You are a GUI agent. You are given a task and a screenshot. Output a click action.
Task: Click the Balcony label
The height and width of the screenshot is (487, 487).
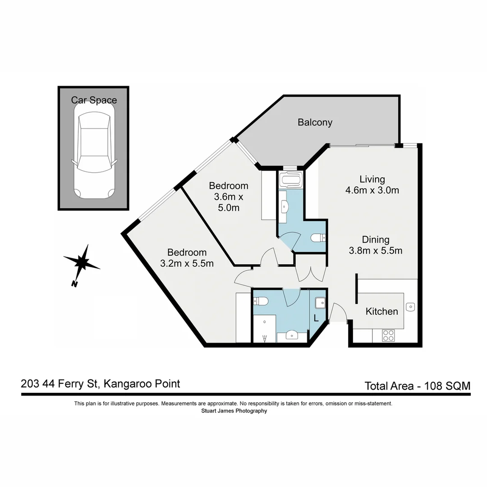[x=315, y=122]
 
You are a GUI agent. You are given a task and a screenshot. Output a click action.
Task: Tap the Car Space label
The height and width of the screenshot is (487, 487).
[x=94, y=100]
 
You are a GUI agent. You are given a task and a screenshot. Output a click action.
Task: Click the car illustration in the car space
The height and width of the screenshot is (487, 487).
[x=94, y=155]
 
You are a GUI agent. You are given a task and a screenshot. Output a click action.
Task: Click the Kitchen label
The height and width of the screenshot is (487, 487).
[x=381, y=311]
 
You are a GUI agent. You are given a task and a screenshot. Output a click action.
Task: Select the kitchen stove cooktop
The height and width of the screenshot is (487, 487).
[x=388, y=335]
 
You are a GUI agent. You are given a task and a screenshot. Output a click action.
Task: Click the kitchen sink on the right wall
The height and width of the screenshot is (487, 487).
[x=410, y=307]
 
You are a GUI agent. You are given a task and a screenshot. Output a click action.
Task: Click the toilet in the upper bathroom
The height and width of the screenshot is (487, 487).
[x=318, y=237]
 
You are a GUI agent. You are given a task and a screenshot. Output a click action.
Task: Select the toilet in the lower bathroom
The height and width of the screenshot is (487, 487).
[x=262, y=301]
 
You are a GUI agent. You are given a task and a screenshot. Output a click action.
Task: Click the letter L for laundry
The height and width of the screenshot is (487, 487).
[x=316, y=318]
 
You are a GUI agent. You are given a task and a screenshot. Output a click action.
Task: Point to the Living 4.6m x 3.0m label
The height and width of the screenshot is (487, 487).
[x=372, y=184]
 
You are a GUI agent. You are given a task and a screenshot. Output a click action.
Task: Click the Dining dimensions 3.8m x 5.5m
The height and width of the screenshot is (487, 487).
[x=376, y=251]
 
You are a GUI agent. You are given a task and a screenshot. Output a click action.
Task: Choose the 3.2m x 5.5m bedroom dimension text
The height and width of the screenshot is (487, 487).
[x=187, y=264]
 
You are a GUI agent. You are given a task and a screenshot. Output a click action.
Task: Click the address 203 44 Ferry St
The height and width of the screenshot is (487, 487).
[x=61, y=384]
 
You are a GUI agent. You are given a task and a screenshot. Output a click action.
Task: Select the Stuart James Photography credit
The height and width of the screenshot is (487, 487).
[x=234, y=411]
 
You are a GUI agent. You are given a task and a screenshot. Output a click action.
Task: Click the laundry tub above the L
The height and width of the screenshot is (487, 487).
[x=321, y=303]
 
